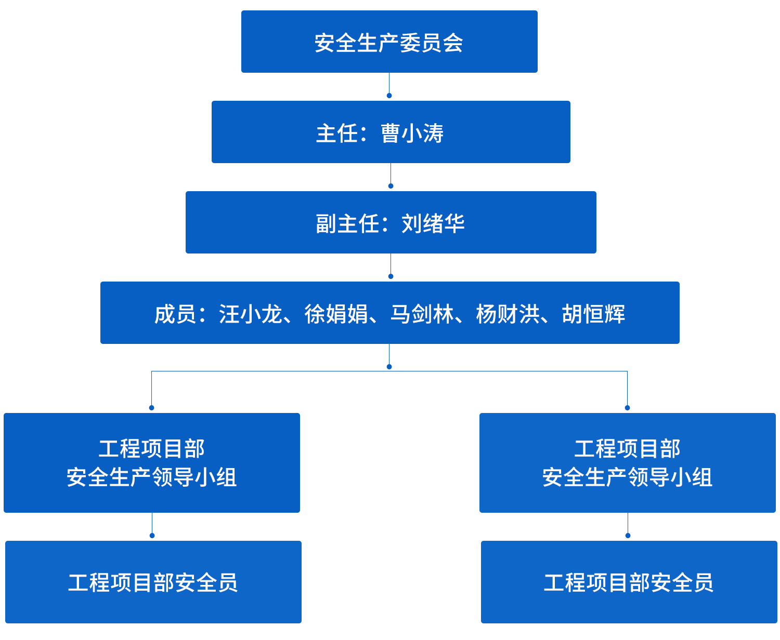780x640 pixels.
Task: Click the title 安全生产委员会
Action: click(x=388, y=43)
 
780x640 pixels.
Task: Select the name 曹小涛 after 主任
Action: click(x=412, y=134)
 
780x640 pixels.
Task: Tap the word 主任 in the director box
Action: click(x=337, y=134)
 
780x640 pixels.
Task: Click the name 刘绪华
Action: click(x=433, y=224)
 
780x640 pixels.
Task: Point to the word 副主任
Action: click(x=347, y=224)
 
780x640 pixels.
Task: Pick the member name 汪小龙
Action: click(x=250, y=314)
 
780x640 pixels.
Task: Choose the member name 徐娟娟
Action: click(x=336, y=314)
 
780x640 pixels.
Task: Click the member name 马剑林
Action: click(x=422, y=314)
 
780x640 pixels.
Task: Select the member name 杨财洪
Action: click(x=508, y=314)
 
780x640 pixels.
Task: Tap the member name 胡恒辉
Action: click(x=593, y=314)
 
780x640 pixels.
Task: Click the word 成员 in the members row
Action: click(x=175, y=314)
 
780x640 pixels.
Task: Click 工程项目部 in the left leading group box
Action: click(x=152, y=449)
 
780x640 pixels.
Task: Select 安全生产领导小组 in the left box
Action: click(x=152, y=477)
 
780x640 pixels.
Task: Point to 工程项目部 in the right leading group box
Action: click(x=627, y=449)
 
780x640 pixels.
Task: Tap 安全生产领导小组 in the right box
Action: click(x=627, y=477)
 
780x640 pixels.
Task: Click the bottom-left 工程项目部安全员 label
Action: click(x=153, y=583)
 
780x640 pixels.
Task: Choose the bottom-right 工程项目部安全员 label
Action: click(x=628, y=583)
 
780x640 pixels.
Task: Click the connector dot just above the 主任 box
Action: click(x=388, y=96)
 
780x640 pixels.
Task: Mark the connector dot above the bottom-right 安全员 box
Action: click(x=628, y=536)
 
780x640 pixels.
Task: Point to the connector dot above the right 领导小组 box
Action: click(x=627, y=408)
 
